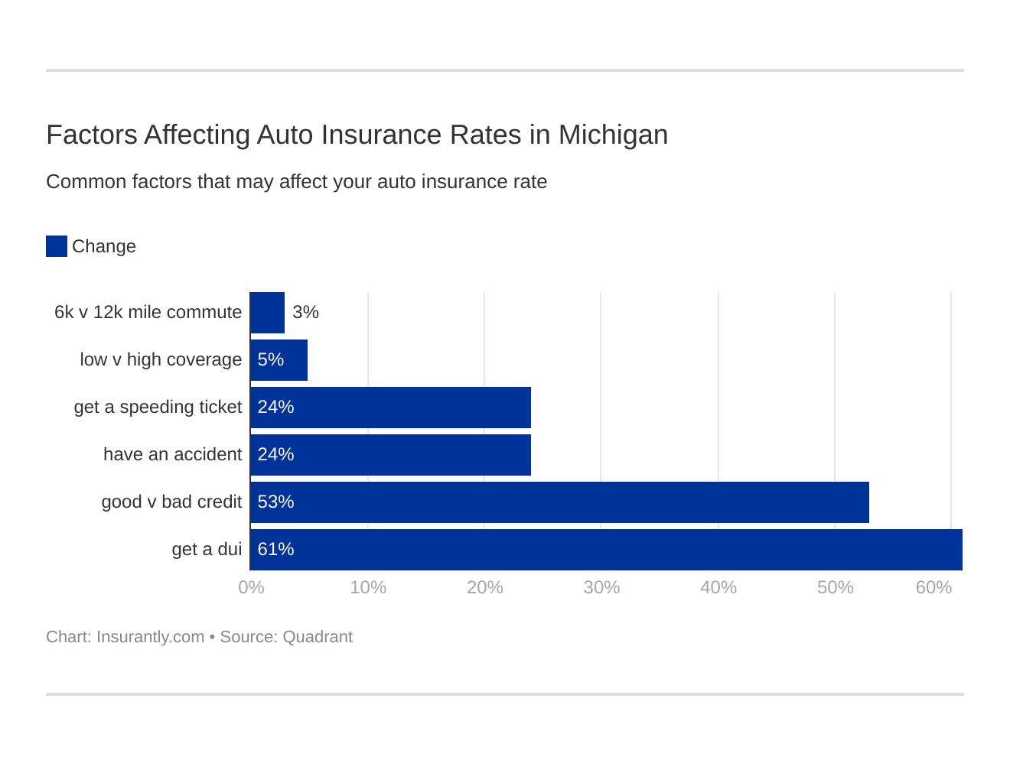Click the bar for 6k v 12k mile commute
[x=267, y=313]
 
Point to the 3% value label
[x=305, y=312]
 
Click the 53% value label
[x=275, y=502]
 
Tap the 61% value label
[x=275, y=549]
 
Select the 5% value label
[x=270, y=359]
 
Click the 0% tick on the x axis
[x=251, y=587]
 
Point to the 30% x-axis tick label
[x=601, y=587]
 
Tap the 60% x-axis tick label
[x=933, y=587]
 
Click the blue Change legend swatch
[x=57, y=246]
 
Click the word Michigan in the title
[x=613, y=135]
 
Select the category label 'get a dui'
[x=207, y=549]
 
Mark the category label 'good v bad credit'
[x=171, y=502]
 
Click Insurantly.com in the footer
[x=150, y=637]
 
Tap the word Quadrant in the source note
[x=318, y=637]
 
